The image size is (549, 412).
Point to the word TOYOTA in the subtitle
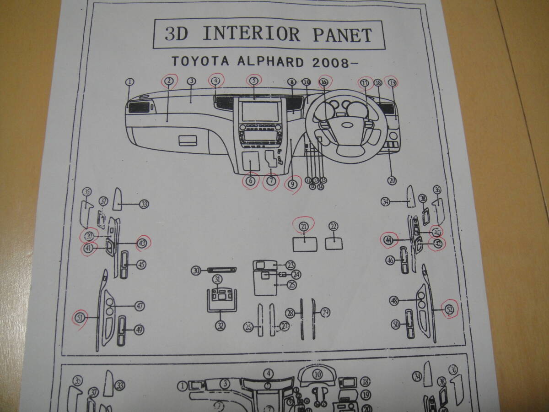[192, 61]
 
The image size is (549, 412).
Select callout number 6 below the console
[250, 181]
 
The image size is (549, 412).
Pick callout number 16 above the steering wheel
[324, 81]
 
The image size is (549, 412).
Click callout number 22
[333, 226]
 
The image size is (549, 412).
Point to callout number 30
[197, 271]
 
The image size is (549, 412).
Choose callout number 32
[221, 325]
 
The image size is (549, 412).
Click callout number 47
[139, 306]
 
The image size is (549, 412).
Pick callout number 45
[141, 264]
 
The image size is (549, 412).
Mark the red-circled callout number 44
[388, 239]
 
